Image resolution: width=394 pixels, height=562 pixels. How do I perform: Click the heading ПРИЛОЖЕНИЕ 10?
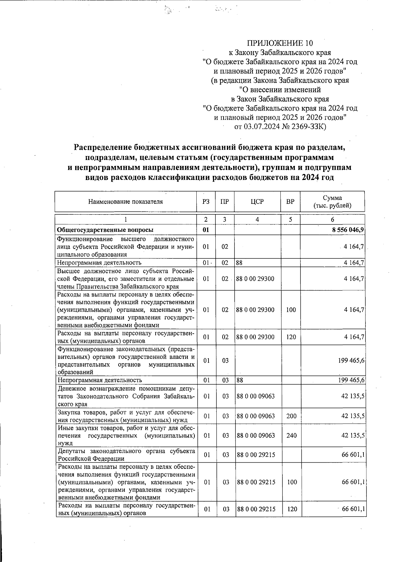tap(280, 43)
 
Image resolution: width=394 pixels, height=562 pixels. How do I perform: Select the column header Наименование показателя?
tap(125, 202)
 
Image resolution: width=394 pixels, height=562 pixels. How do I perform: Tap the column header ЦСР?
tap(257, 202)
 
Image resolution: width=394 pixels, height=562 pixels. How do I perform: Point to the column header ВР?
tap(290, 202)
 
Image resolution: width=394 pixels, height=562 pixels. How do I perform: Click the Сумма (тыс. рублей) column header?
tap(332, 202)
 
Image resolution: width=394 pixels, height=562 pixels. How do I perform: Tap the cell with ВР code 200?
tap(291, 416)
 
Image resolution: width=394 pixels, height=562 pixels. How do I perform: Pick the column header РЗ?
tap(206, 202)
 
